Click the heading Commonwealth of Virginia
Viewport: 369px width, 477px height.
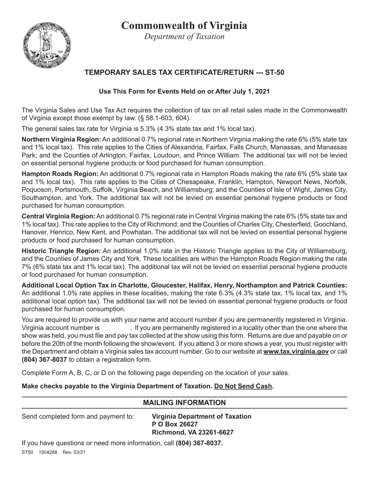tap(184, 25)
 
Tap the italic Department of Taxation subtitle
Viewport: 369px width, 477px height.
tap(184, 36)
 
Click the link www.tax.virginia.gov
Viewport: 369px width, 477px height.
tap(296, 351)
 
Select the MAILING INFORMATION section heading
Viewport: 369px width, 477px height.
tap(184, 403)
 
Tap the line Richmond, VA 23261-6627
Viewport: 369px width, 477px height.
tap(192, 432)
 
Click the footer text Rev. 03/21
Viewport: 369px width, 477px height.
tap(74, 452)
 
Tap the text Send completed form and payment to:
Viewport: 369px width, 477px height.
tap(78, 417)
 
